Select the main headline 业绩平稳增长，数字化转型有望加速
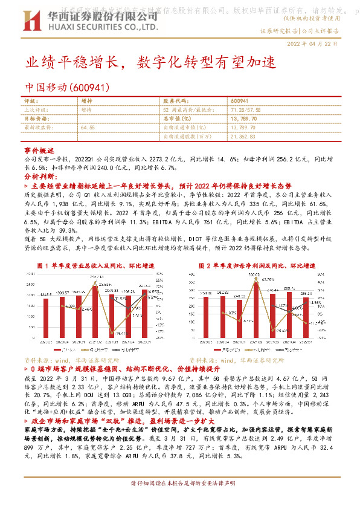[x=149, y=62]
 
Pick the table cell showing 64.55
[x=88, y=128]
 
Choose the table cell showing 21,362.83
[x=244, y=137]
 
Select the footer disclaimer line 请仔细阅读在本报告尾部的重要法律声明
[x=180, y=501]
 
